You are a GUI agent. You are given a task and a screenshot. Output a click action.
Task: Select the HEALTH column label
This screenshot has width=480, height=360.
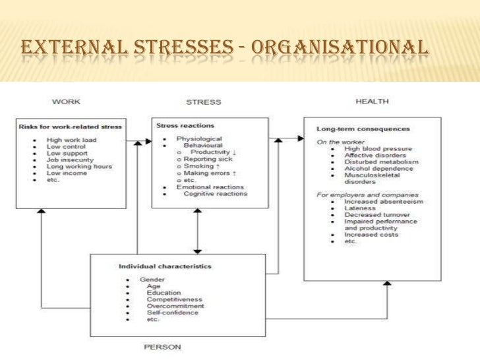372,102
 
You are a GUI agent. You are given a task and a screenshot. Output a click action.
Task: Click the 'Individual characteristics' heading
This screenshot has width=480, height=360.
165,266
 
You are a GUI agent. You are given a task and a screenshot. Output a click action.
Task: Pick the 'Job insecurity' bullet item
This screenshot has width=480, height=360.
70,160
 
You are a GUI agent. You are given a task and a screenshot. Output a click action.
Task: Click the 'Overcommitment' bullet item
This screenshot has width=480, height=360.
175,306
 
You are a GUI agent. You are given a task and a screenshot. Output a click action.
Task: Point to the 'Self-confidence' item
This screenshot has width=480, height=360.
174,313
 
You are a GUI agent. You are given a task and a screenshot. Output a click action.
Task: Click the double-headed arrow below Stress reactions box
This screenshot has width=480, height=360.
196,231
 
